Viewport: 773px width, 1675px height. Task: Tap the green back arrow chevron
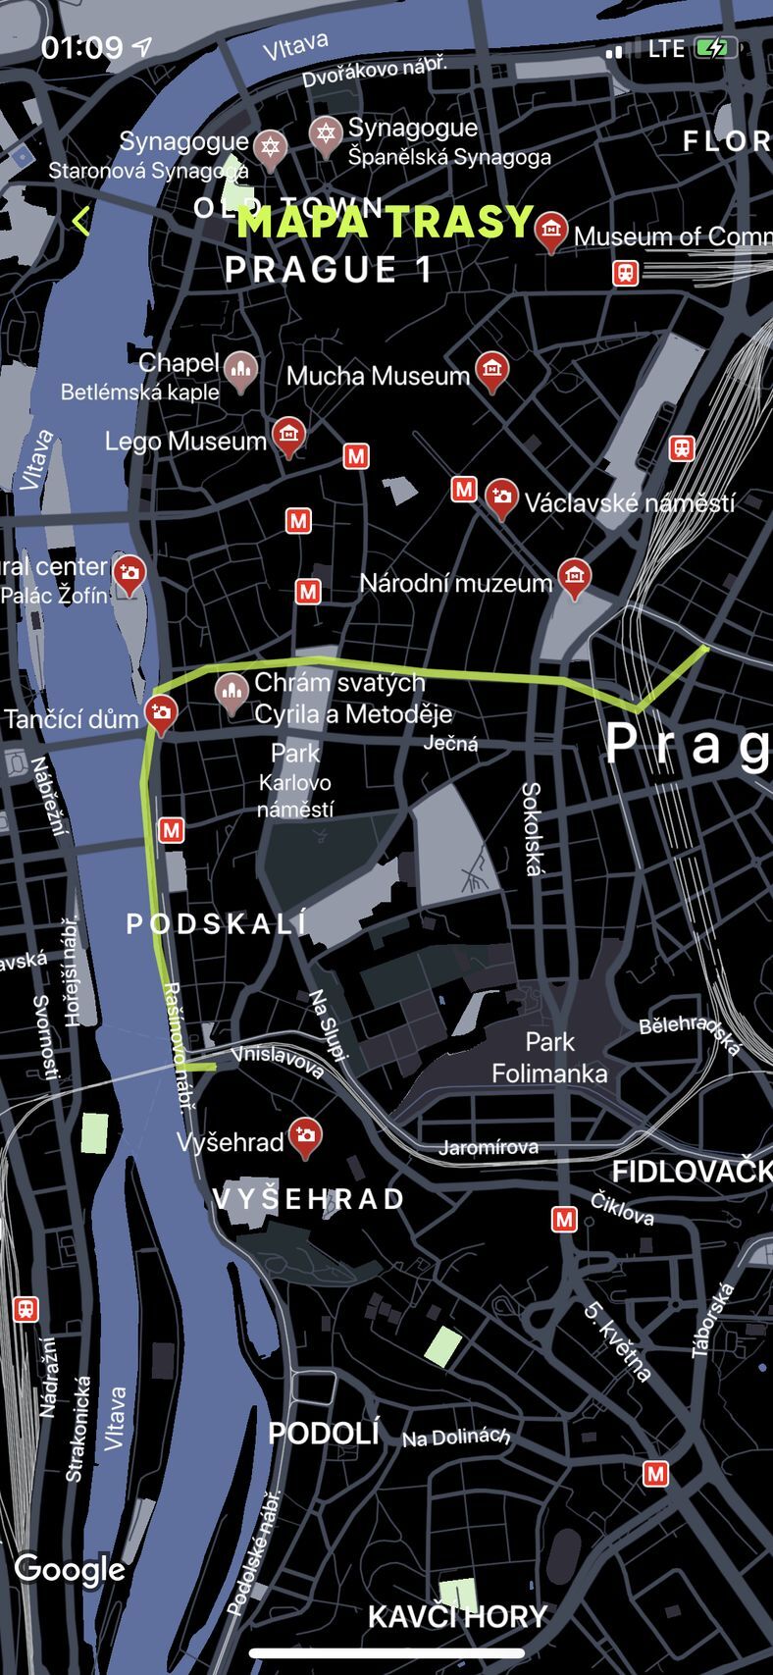click(80, 221)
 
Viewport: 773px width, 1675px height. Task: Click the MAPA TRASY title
click(385, 223)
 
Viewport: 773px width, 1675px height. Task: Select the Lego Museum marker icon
click(288, 437)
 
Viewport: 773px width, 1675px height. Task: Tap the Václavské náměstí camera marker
click(502, 498)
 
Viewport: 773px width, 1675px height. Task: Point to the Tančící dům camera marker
click(161, 713)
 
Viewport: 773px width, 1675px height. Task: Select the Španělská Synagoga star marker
click(326, 132)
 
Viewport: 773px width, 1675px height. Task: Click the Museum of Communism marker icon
click(551, 232)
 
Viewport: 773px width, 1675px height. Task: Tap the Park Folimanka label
click(549, 1058)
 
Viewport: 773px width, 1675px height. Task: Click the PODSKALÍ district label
click(217, 923)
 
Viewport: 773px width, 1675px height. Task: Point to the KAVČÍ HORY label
click(457, 1616)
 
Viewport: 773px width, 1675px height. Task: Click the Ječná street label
click(450, 744)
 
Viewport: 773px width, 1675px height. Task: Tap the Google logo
click(70, 1568)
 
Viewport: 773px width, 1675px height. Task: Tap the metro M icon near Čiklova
click(564, 1219)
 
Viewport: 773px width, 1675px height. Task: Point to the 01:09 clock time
click(82, 47)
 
